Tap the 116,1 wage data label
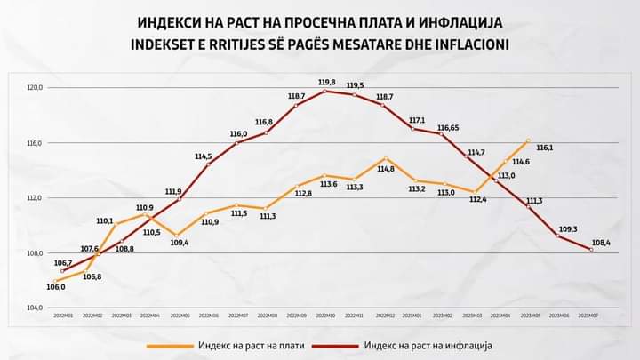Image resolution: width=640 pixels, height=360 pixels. [x=544, y=148]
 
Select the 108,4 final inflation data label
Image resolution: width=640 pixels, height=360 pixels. [x=600, y=240]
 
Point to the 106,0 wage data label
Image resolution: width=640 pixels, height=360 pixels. [x=56, y=287]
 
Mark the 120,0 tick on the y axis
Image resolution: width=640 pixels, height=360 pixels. [x=35, y=88]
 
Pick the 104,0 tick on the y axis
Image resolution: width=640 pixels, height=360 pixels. [x=35, y=308]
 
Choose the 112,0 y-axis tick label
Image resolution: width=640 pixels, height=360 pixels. [x=35, y=198]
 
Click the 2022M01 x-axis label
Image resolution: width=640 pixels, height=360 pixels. [x=63, y=316]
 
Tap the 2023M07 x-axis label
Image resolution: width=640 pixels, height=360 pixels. [x=588, y=316]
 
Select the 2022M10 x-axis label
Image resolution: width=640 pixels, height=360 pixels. [x=325, y=316]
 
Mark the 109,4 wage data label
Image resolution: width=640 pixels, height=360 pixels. [x=179, y=242]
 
